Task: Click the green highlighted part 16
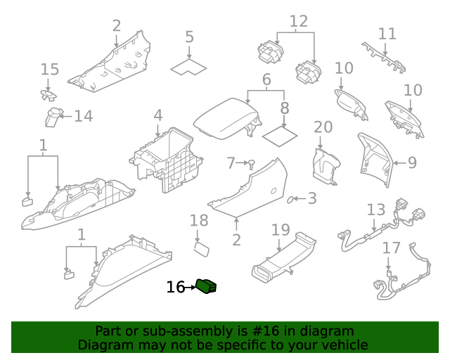pyautogui.click(x=207, y=286)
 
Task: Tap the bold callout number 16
pyautogui.click(x=176, y=287)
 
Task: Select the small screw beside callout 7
pyautogui.click(x=250, y=164)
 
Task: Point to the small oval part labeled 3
pyautogui.click(x=290, y=200)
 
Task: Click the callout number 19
pyautogui.click(x=281, y=230)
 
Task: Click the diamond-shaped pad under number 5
pyautogui.click(x=188, y=67)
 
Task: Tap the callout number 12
pyautogui.click(x=298, y=21)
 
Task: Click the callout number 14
pyautogui.click(x=84, y=116)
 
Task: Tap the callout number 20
pyautogui.click(x=323, y=127)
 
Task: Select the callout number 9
pyautogui.click(x=412, y=162)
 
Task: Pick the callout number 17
pyautogui.click(x=391, y=248)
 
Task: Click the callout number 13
pyautogui.click(x=376, y=210)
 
